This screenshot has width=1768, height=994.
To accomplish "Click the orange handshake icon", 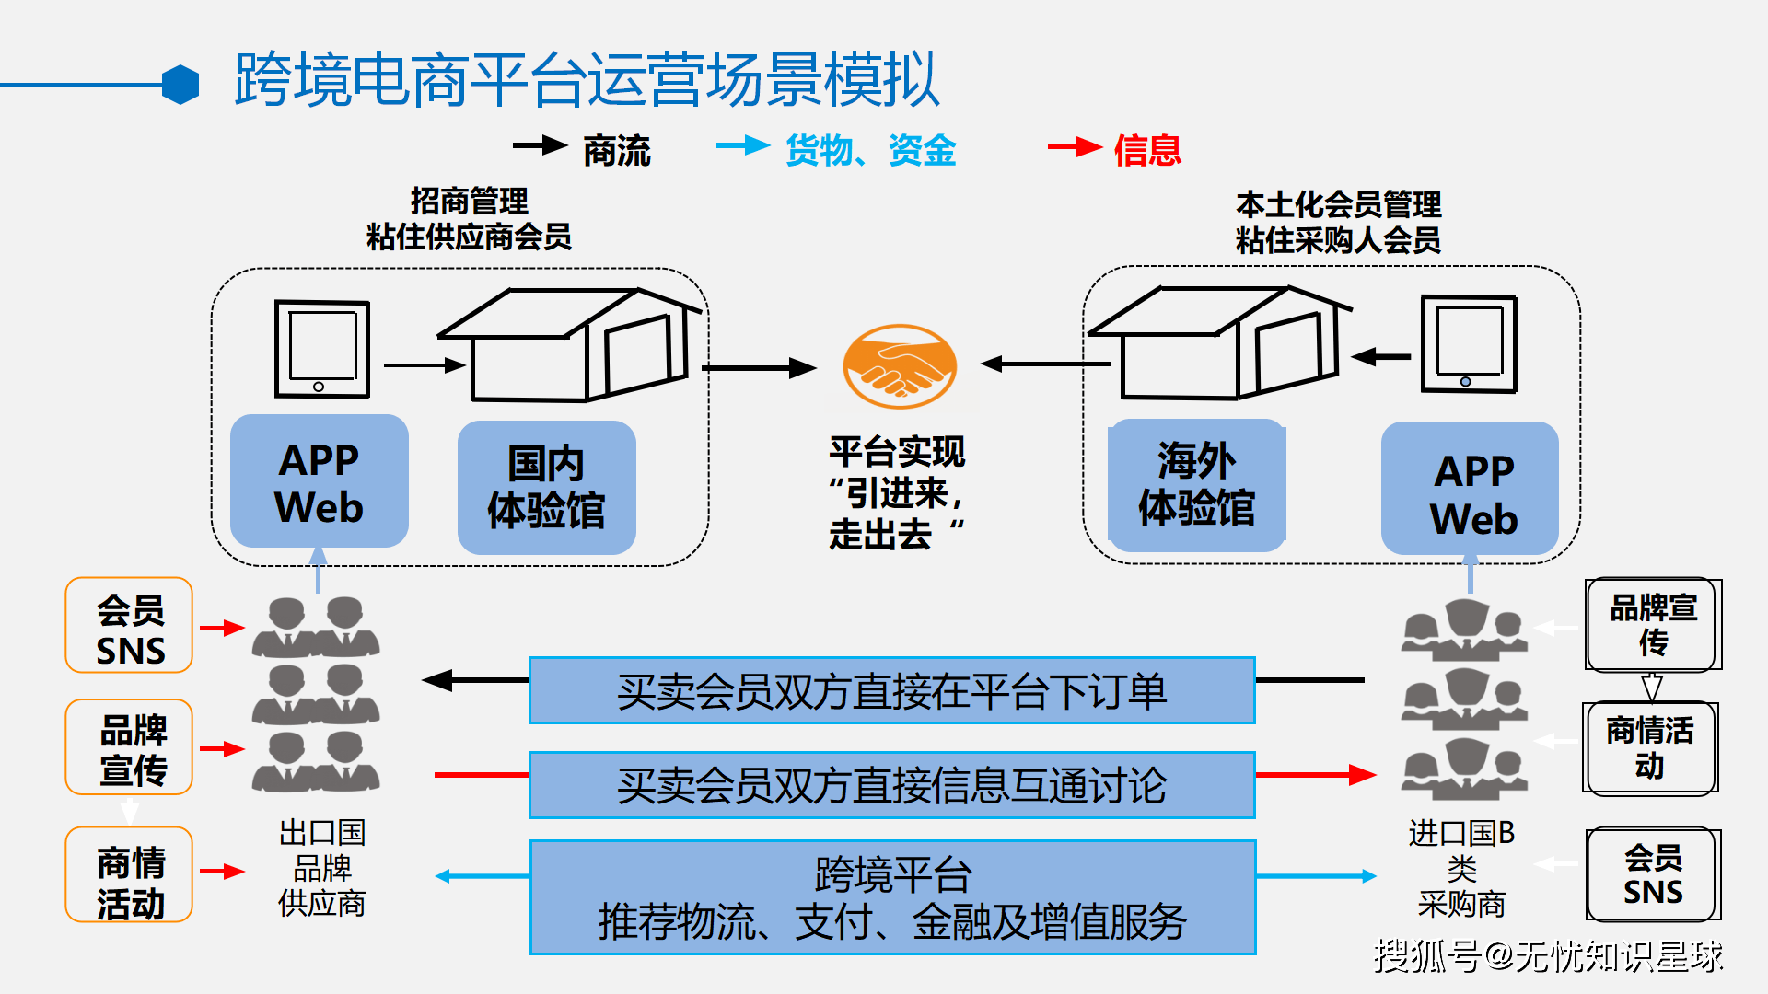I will (x=900, y=366).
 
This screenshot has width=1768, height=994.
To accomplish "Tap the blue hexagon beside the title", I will (x=180, y=85).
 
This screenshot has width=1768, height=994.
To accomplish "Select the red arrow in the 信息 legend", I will (x=1074, y=147).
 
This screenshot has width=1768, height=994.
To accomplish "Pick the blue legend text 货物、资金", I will (x=870, y=150).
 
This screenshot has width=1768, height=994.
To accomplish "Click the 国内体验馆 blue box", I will (x=546, y=487).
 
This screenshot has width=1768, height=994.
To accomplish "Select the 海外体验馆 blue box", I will (x=1196, y=485).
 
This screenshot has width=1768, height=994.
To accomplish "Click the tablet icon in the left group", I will (x=321, y=349).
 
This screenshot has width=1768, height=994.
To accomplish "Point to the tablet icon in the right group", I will (x=1468, y=344).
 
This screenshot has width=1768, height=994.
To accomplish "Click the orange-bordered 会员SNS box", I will (x=129, y=626).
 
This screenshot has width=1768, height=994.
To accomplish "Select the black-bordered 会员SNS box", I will (x=1652, y=874).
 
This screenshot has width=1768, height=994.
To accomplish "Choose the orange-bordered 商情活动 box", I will (x=129, y=874).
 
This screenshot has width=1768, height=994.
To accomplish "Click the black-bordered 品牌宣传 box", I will (x=1652, y=624).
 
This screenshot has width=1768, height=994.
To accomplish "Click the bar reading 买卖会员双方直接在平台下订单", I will (x=891, y=691).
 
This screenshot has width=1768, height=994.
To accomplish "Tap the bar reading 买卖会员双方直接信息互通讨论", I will (x=891, y=785).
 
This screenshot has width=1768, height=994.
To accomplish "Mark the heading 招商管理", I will (x=469, y=201).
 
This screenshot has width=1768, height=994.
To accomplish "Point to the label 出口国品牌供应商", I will (x=321, y=868).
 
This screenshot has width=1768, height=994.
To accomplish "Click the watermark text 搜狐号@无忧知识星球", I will (x=1547, y=956).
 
